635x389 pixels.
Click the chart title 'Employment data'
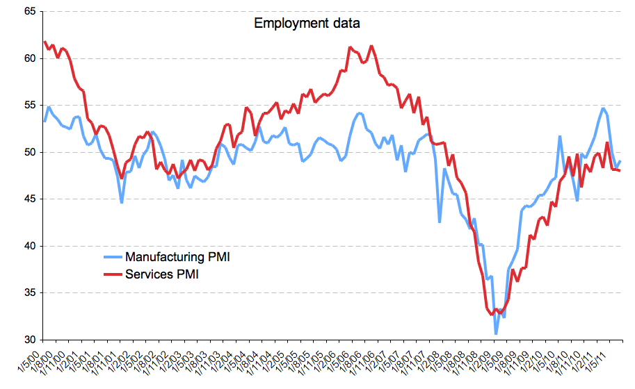tap(307, 23)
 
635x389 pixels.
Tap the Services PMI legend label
tap(162, 274)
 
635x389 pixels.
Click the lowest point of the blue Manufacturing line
tap(496, 334)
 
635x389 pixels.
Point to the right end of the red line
tap(620, 170)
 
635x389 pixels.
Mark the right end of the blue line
tap(620, 161)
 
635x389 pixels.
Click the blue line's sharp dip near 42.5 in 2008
tap(440, 222)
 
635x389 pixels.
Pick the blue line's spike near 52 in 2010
tap(560, 136)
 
